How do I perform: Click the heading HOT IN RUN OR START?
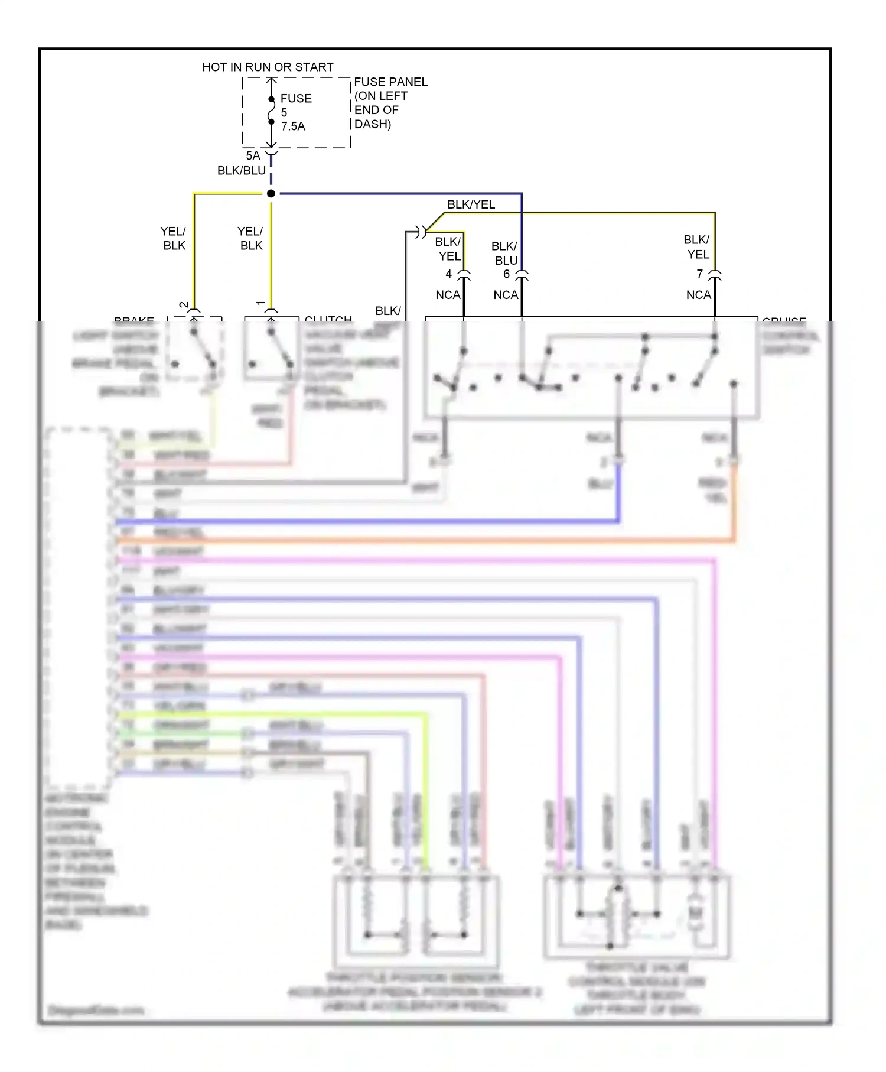(268, 67)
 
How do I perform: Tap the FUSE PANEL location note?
(390, 103)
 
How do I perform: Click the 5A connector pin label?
(253, 156)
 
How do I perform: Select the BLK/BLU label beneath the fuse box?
(241, 171)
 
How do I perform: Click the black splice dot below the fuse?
(271, 194)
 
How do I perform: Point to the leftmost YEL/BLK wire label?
(174, 239)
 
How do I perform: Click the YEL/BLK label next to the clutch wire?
(250, 239)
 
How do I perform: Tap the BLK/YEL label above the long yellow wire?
(471, 204)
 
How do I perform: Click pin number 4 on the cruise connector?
(448, 274)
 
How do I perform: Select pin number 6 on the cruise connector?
(506, 274)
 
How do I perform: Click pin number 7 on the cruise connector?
(699, 274)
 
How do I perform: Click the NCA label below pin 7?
(698, 295)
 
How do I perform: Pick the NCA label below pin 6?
(506, 295)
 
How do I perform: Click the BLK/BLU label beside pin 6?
(505, 254)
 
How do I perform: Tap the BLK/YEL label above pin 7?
(697, 247)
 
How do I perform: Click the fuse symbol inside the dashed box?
(271, 111)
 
